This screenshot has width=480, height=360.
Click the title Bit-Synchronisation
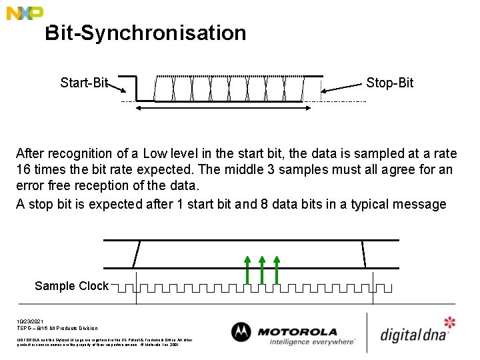145,33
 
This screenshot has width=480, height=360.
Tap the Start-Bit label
83,83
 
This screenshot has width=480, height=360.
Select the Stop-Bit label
389,83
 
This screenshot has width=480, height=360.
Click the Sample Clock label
71,286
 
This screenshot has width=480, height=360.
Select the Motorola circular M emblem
241,333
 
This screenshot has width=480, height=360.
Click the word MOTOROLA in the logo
297,331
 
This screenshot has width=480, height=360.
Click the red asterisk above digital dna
450,323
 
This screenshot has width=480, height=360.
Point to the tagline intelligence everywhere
312,342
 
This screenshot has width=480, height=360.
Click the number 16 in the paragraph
23,170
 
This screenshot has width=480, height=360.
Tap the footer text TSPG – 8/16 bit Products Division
57,328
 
